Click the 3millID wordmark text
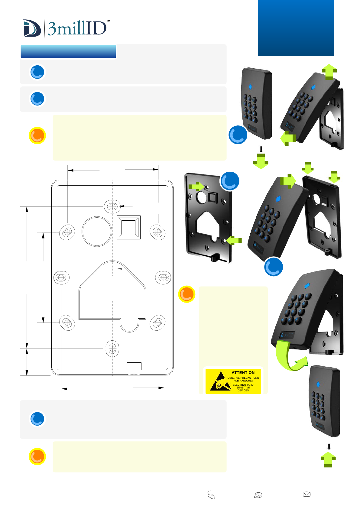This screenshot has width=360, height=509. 77,29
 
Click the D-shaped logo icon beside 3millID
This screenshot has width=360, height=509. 32,28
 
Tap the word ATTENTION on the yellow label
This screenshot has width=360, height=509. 243,373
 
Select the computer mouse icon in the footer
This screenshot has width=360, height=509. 211,495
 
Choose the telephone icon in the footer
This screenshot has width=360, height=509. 258,495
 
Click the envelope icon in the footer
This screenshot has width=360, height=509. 307,494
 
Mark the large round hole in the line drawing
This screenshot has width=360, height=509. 97,231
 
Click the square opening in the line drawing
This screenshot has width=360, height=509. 128,227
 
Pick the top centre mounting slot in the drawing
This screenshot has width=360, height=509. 112,206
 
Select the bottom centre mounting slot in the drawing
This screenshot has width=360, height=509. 112,349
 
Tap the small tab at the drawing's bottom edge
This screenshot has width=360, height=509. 134,368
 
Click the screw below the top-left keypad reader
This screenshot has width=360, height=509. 261,149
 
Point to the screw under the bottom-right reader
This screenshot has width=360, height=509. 329,446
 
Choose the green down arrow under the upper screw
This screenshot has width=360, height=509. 261,161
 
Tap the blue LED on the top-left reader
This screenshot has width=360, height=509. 250,87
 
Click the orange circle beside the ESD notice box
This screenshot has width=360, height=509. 186,294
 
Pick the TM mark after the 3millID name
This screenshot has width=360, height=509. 108,21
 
